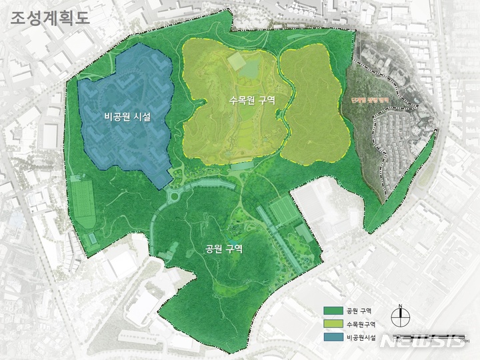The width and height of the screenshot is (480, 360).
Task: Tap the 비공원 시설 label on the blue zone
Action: click(127, 117)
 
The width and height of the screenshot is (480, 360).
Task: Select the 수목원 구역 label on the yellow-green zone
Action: click(252, 99)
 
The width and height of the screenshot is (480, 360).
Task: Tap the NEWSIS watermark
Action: click(437, 341)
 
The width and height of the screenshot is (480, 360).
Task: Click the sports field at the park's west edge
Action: click(82, 199)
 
